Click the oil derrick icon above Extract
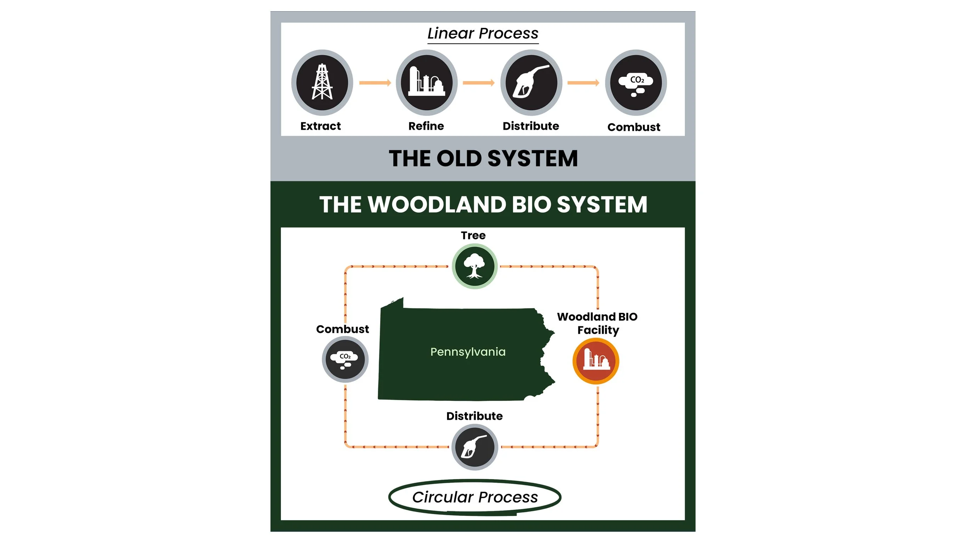[x=322, y=82]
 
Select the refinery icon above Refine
[x=427, y=82]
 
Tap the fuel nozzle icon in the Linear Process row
[x=531, y=82]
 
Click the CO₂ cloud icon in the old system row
[x=636, y=82]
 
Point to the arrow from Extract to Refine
[x=375, y=83]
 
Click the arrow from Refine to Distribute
[x=478, y=83]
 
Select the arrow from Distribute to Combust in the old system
[x=583, y=83]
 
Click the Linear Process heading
[x=483, y=34]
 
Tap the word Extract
[x=320, y=126]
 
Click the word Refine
[x=426, y=126]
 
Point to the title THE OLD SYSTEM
[x=483, y=158]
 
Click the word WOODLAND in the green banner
[x=437, y=204]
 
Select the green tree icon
[x=474, y=266]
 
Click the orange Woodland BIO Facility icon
[x=596, y=361]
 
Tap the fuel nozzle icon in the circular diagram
[x=474, y=447]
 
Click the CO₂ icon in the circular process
[x=345, y=359]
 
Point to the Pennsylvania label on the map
[x=468, y=352]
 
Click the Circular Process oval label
[x=475, y=497]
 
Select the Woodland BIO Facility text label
[x=597, y=323]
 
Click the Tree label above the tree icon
[x=473, y=235]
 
